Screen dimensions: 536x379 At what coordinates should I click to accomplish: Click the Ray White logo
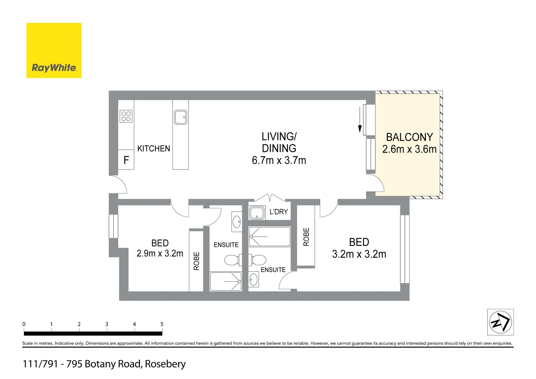[x=54, y=50]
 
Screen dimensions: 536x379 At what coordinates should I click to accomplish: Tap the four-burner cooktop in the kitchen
[x=126, y=116]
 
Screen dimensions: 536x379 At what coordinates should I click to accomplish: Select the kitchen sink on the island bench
[x=181, y=117]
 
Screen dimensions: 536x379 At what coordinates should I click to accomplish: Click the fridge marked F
[x=126, y=160]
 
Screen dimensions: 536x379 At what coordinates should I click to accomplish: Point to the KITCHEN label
[x=154, y=149]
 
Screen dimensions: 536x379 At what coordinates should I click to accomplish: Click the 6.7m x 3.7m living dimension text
[x=279, y=160]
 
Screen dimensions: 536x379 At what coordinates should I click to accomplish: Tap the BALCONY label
[x=410, y=137]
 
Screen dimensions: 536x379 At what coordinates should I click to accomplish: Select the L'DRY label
[x=279, y=212]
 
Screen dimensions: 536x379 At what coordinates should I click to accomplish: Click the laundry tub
[x=257, y=213]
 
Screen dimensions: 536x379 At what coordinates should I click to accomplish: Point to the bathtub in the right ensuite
[x=269, y=237]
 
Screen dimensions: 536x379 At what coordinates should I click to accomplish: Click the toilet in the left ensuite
[x=233, y=260]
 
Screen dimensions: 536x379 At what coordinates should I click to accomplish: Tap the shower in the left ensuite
[x=226, y=282]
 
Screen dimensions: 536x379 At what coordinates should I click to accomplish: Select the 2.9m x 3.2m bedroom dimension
[x=160, y=253]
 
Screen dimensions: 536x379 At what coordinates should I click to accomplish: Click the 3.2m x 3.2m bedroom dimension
[x=359, y=254]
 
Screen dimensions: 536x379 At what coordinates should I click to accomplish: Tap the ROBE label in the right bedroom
[x=306, y=237]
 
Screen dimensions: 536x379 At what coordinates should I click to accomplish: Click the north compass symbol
[x=501, y=322]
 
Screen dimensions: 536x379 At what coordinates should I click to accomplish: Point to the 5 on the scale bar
[x=162, y=324]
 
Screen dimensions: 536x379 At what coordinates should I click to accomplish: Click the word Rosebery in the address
[x=165, y=364]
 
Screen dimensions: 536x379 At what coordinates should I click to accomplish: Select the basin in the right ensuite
[x=253, y=279]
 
